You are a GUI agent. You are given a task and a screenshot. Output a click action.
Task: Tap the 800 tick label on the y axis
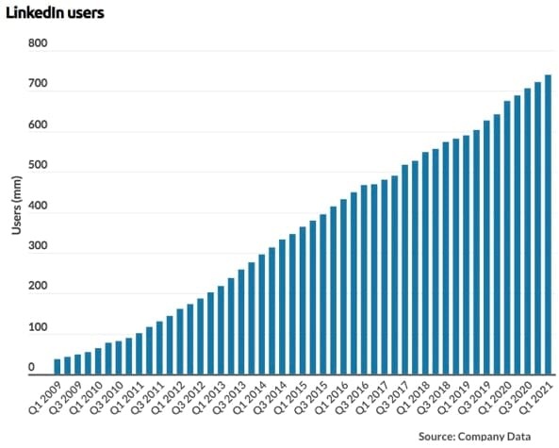38,43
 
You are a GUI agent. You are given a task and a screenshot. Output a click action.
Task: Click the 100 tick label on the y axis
38,327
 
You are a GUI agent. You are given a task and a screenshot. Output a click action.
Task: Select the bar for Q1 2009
58,366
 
